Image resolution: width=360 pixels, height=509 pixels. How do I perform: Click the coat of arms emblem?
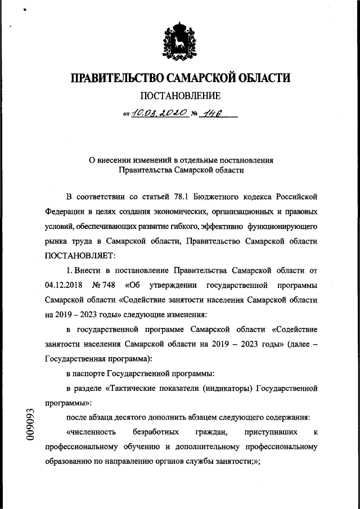(180, 43)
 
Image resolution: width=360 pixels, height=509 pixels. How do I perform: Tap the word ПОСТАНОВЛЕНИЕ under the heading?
(180, 96)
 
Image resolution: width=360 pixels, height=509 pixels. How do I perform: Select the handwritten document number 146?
(211, 113)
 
